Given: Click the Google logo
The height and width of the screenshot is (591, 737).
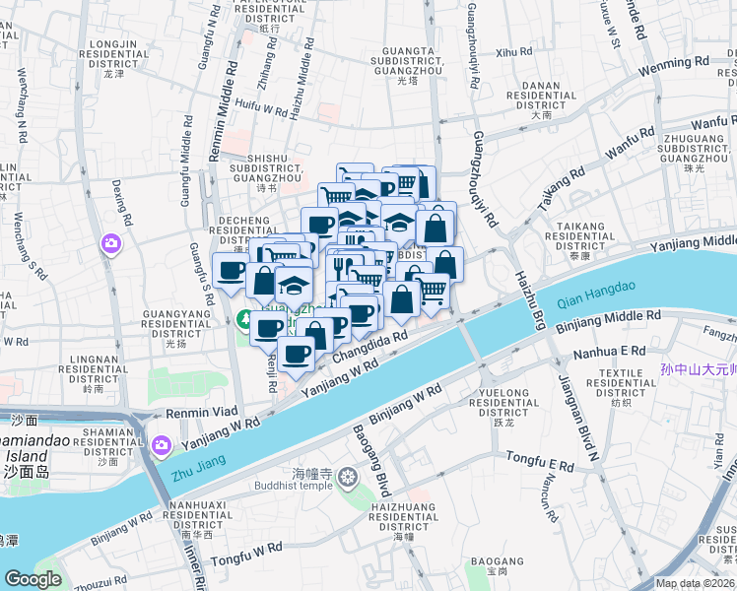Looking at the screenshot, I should click(34, 580).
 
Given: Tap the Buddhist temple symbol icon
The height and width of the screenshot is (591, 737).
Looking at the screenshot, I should click(347, 479).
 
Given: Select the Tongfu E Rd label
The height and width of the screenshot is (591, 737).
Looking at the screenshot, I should click(539, 460).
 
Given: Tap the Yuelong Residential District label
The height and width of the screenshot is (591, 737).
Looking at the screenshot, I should click(503, 409).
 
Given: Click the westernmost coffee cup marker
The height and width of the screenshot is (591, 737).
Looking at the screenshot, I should click(231, 270).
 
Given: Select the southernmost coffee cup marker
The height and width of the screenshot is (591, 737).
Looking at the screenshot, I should click(296, 353).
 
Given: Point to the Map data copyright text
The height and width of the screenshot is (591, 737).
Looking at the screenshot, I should click(695, 583).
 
